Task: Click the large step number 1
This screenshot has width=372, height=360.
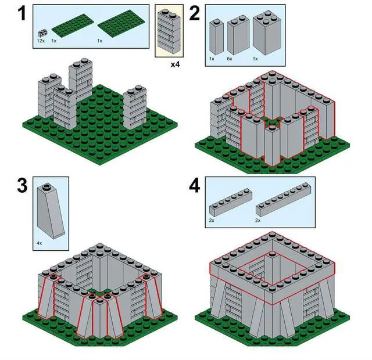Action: pyautogui.click(x=22, y=13)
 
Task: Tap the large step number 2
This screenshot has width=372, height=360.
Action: pyautogui.click(x=195, y=13)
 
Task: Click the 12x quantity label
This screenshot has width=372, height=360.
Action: pyautogui.click(x=41, y=41)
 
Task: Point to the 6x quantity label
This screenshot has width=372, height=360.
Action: pyautogui.click(x=230, y=59)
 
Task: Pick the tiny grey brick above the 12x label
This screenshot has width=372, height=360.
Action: pyautogui.click(x=42, y=33)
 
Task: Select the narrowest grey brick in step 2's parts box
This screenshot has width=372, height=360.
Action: pyautogui.click(x=216, y=37)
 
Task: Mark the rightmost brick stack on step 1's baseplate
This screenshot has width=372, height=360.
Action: pyautogui.click(x=134, y=108)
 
